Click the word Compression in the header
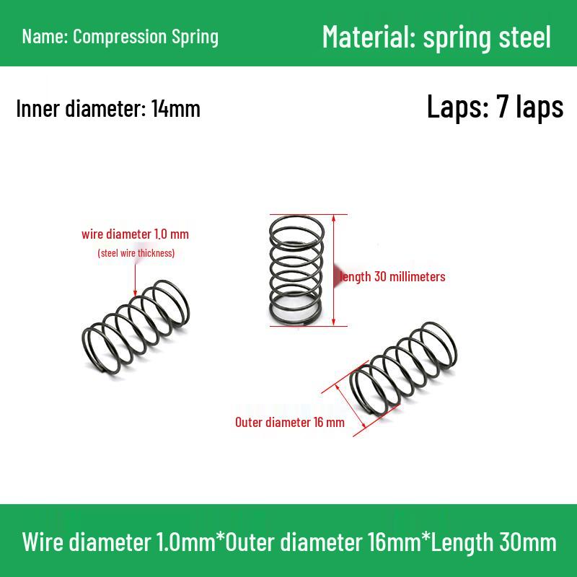(x=120, y=37)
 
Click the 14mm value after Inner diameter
(x=176, y=109)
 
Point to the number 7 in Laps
(x=503, y=107)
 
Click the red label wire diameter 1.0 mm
(x=135, y=234)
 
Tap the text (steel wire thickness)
(x=136, y=253)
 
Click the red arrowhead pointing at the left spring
(x=135, y=293)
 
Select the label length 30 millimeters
(x=392, y=277)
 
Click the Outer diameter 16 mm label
(x=290, y=422)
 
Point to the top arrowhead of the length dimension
(x=334, y=219)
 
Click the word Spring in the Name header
(x=195, y=38)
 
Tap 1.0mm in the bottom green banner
(x=186, y=542)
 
